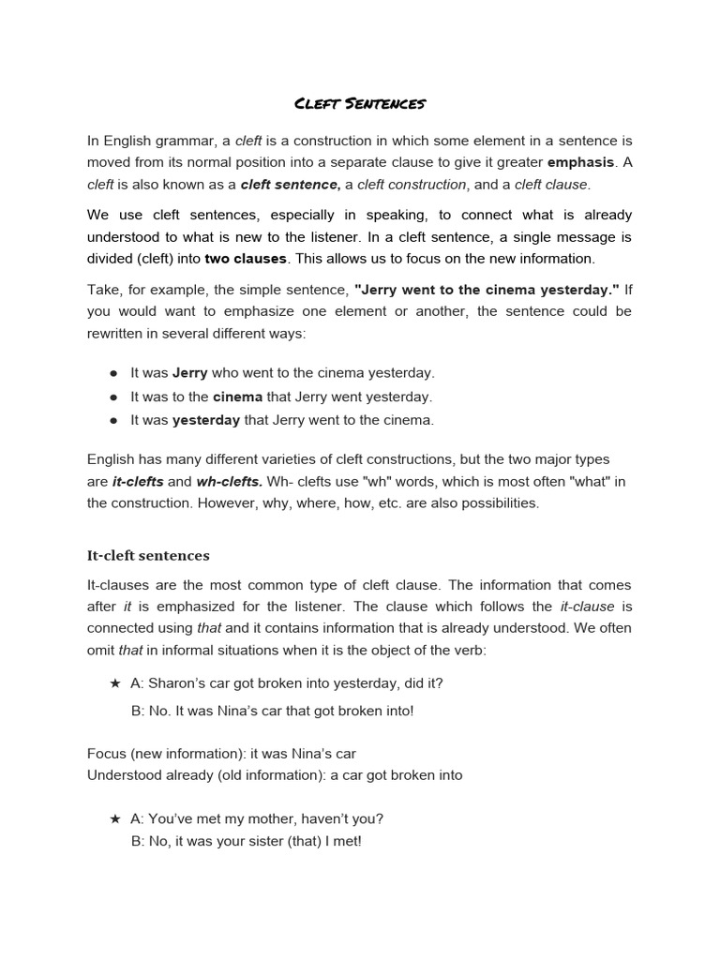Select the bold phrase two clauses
(246, 258)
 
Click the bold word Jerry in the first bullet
(190, 372)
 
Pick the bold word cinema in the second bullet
(237, 397)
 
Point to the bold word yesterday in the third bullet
(206, 420)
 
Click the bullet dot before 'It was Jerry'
(113, 373)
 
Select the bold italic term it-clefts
(138, 481)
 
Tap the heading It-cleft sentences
(148, 555)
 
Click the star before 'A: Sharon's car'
(115, 683)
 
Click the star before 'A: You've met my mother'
(115, 818)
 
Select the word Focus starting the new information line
(106, 754)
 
